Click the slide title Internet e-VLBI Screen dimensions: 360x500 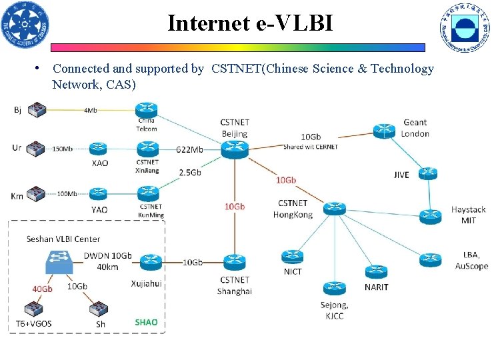pos(250,23)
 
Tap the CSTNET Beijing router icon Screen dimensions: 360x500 pos(234,149)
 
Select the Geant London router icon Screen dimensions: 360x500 pos(384,131)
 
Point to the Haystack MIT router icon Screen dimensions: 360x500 pos(431,216)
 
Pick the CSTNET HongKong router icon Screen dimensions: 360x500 pos(334,209)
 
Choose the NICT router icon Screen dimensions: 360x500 pos(293,256)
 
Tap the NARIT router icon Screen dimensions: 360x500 pos(376,272)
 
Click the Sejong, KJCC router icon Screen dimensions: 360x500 pos(334,288)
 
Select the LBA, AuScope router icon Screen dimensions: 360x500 pos(431,259)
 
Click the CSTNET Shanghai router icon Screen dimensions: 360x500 pos(234,262)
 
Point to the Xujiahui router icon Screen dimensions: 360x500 pos(151,262)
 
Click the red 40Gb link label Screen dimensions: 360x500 pos(42,289)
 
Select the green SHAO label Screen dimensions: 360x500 pos(146,323)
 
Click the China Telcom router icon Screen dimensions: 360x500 pos(146,110)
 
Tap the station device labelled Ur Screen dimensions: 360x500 pos(35,149)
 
